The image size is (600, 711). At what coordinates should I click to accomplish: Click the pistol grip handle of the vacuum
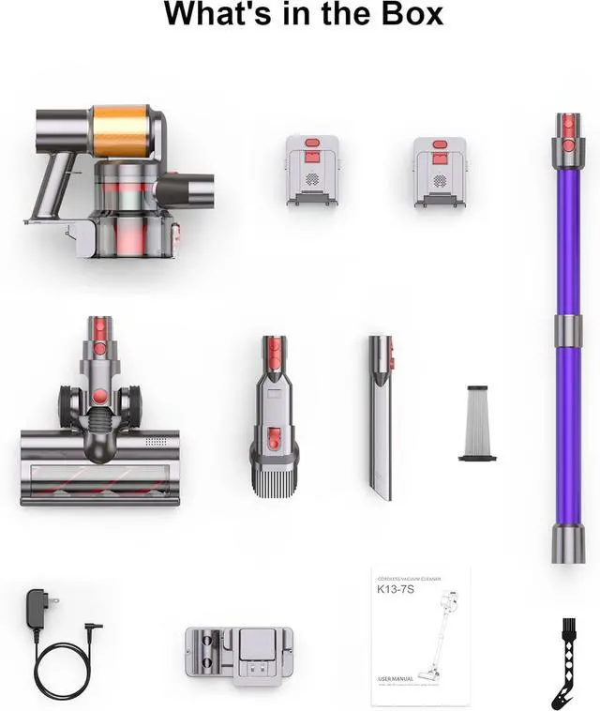[52, 183]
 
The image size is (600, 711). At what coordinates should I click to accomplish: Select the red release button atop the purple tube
[567, 124]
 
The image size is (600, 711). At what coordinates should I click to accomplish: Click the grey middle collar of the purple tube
[567, 330]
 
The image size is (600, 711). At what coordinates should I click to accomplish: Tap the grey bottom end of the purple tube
[567, 543]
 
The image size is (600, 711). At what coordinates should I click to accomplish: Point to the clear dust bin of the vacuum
[131, 225]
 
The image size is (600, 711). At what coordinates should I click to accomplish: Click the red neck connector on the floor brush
[98, 333]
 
